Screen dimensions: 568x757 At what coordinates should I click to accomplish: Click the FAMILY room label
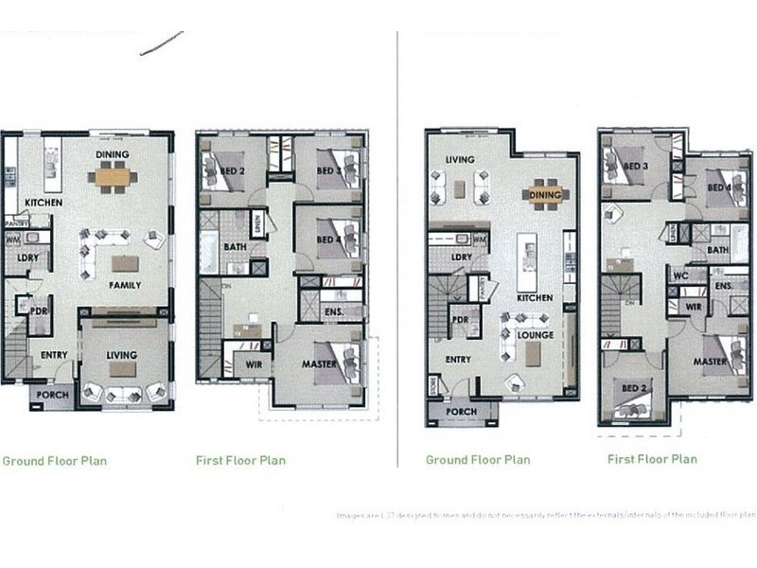[x=124, y=285]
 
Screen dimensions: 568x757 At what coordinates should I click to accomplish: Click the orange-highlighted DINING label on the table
[x=545, y=195]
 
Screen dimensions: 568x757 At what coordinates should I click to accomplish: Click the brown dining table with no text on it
[x=113, y=176]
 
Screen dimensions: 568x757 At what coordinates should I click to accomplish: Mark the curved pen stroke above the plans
[x=162, y=43]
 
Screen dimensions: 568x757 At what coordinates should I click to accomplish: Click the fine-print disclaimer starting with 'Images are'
[x=546, y=516]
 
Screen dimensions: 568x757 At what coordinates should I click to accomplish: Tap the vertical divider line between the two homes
[x=397, y=246]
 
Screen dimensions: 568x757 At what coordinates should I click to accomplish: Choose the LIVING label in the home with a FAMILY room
[x=121, y=355]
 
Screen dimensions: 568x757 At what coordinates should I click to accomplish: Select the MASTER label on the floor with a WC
[x=710, y=362]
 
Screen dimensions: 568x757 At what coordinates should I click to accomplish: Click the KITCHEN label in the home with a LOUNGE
[x=535, y=298]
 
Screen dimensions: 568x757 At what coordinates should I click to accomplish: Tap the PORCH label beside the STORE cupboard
[x=462, y=412]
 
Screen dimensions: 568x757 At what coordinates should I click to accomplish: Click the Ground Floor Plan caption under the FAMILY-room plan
[x=54, y=461]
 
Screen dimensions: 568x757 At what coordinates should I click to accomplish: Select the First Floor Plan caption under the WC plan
[x=652, y=459]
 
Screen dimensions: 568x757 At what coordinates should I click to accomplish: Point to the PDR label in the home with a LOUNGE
[x=461, y=320]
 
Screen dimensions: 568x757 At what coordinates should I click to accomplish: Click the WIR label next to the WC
[x=692, y=306]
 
